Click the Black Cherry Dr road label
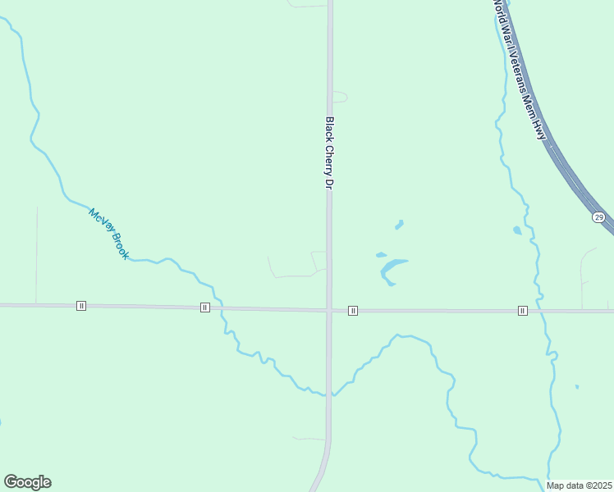[x=329, y=153]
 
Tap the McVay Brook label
[x=109, y=235]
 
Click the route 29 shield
[x=598, y=216]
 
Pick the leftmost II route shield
[x=80, y=306]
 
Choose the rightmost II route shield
[x=522, y=310]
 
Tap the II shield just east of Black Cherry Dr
[x=352, y=310]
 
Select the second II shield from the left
[x=204, y=307]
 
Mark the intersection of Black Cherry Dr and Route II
[x=329, y=310]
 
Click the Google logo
[x=27, y=482]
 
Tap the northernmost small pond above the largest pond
[x=399, y=224]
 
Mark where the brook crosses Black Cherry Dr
[x=329, y=394]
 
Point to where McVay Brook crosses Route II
[x=222, y=308]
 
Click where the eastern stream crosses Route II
[x=543, y=311]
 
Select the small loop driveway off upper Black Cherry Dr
[x=340, y=97]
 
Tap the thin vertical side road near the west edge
[x=36, y=254]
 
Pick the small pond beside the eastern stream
[x=517, y=230]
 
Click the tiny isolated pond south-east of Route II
[x=577, y=386]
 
